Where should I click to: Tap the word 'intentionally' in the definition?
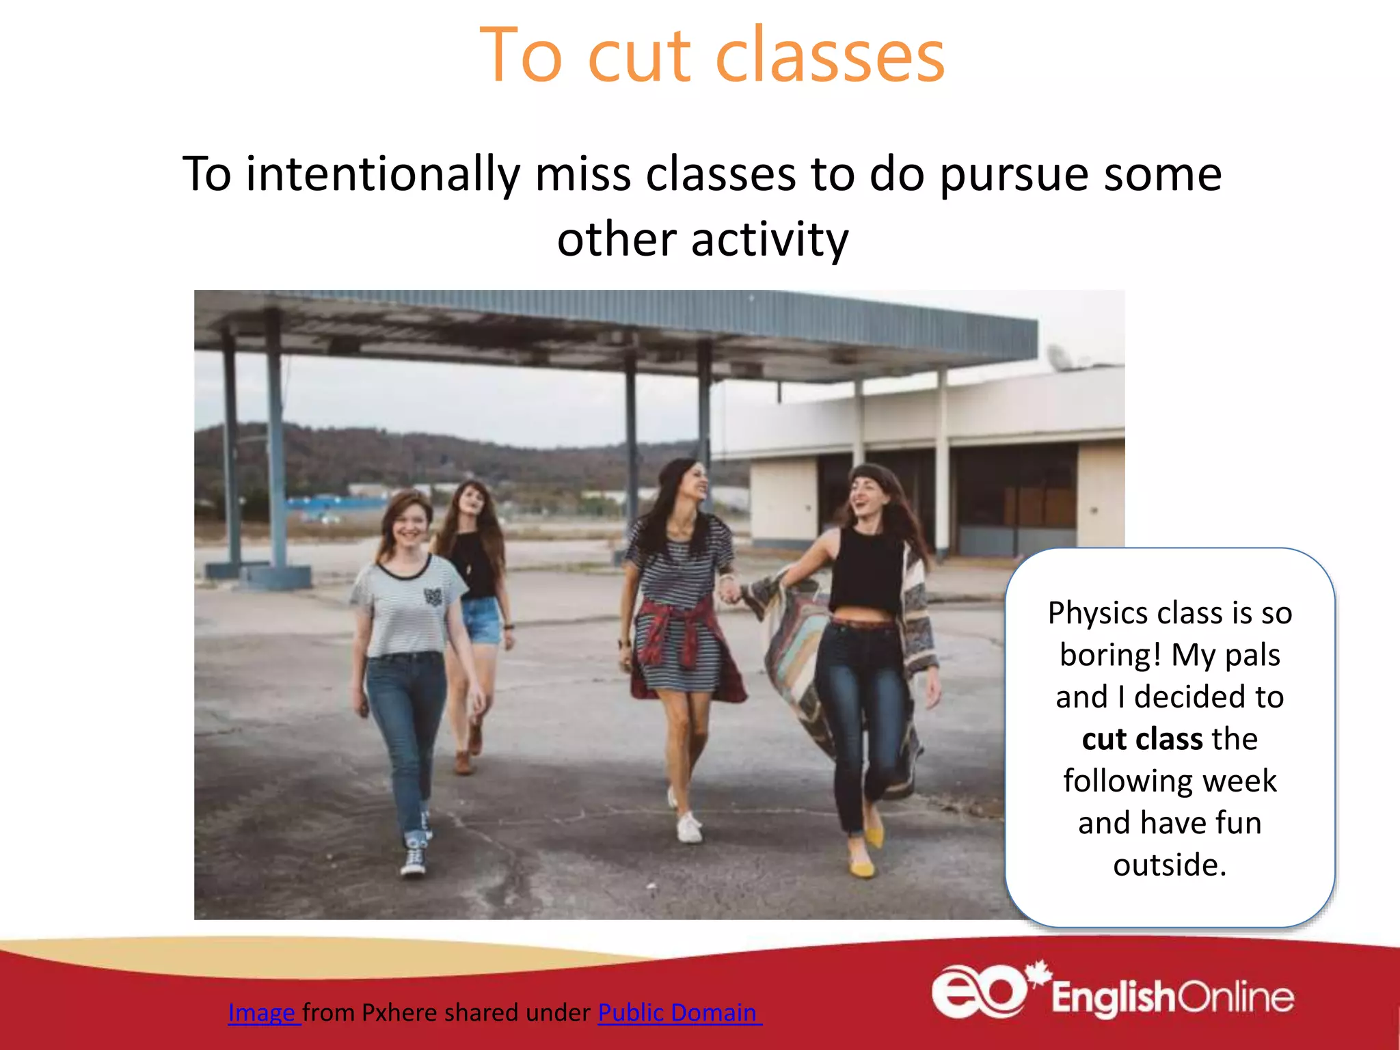click(383, 174)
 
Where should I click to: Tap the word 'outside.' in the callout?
click(1170, 865)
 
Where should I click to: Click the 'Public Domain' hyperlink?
click(678, 1012)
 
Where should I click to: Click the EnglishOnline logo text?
click(1172, 997)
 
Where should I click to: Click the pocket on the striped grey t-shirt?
click(432, 596)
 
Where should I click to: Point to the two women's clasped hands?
click(729, 588)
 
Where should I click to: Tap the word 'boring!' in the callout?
click(1110, 655)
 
